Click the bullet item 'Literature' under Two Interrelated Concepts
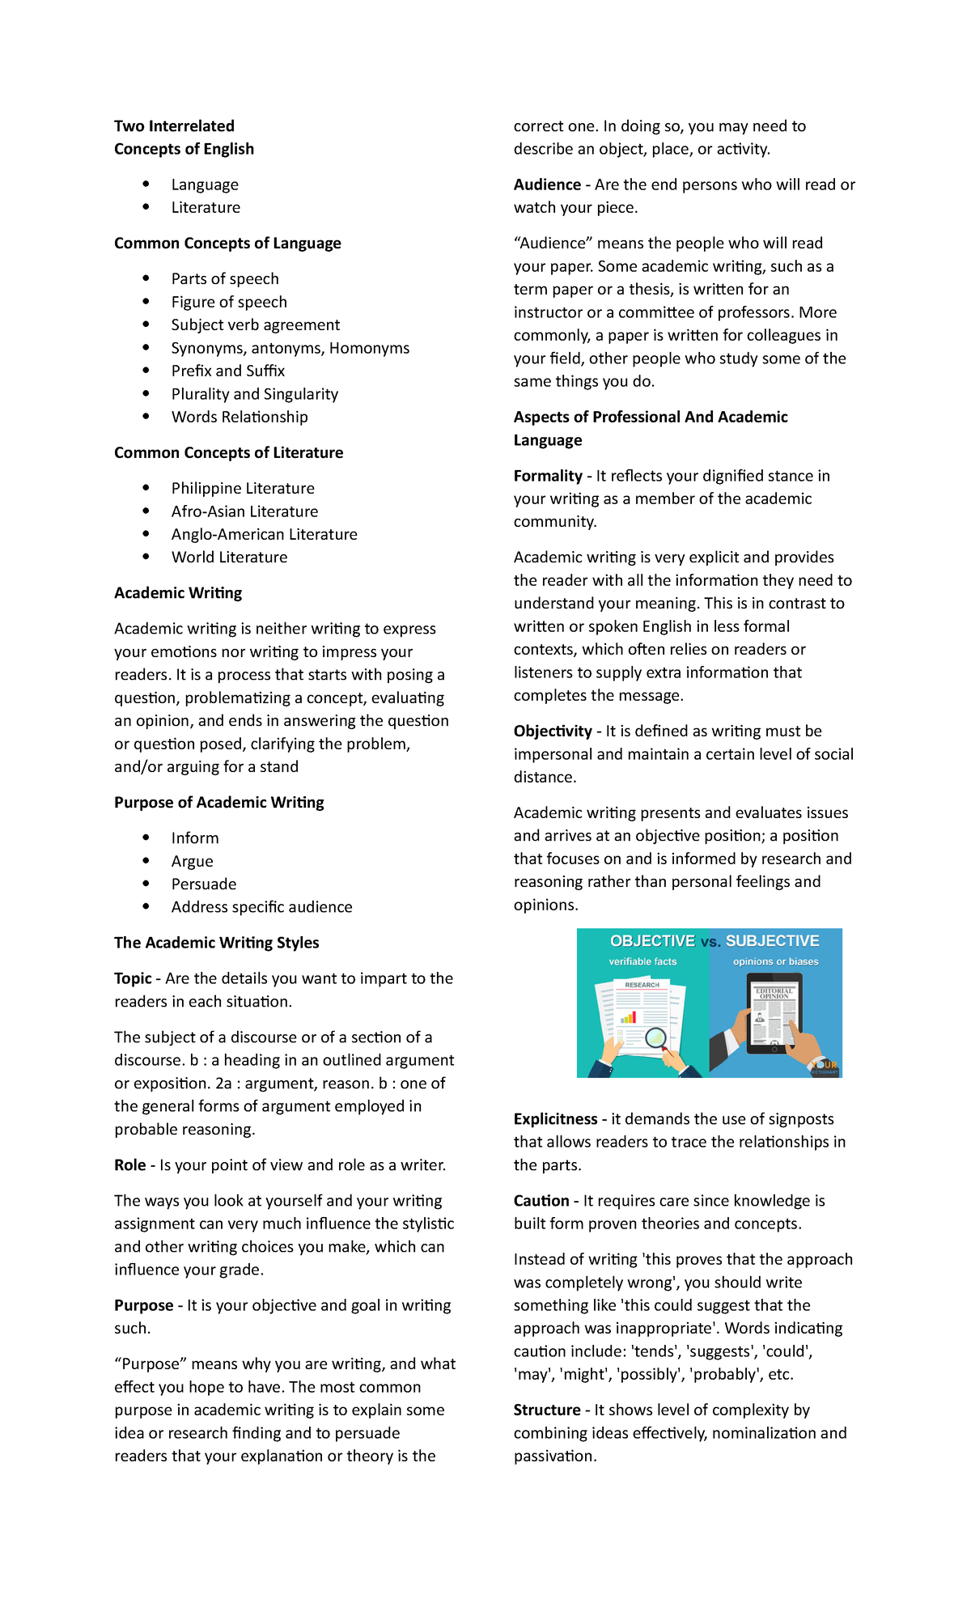[x=206, y=208]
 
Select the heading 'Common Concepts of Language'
[x=227, y=244]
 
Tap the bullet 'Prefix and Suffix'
[x=227, y=371]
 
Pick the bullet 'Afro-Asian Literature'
[x=244, y=512]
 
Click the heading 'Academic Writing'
[x=178, y=593]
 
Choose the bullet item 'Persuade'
[x=204, y=884]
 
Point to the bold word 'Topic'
[x=133, y=979]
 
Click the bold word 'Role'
[x=129, y=1166]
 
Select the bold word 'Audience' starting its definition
[x=547, y=185]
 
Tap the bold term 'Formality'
[x=548, y=477]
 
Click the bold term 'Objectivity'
[x=553, y=732]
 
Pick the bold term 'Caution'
[x=541, y=1202]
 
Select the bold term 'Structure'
[x=547, y=1410]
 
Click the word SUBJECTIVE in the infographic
[x=772, y=941]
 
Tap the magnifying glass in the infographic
[x=656, y=1038]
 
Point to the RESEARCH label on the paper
[x=642, y=985]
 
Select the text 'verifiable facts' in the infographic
[x=642, y=962]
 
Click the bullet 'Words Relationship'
[x=240, y=418]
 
